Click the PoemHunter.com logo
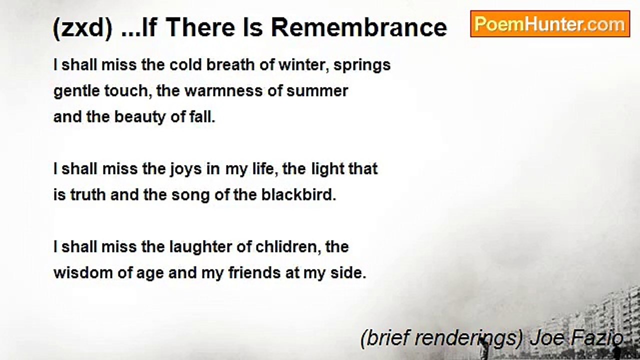550,24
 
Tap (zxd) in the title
82,27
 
